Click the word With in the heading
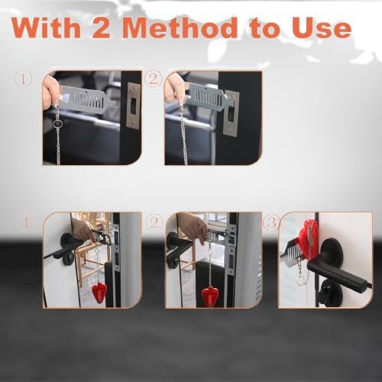[x=46, y=28]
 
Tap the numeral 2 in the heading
[x=100, y=28]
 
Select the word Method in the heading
[x=180, y=28]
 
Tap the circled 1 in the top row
[x=23, y=79]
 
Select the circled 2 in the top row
[x=153, y=79]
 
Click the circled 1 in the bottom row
[x=26, y=222]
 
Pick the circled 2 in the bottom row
[x=154, y=222]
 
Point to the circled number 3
[x=271, y=222]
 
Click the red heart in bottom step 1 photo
[x=99, y=291]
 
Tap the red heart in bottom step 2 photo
[x=209, y=296]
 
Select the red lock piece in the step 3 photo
[x=308, y=238]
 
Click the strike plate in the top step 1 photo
[x=133, y=105]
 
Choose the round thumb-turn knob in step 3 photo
[x=329, y=293]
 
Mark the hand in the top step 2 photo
[x=174, y=89]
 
